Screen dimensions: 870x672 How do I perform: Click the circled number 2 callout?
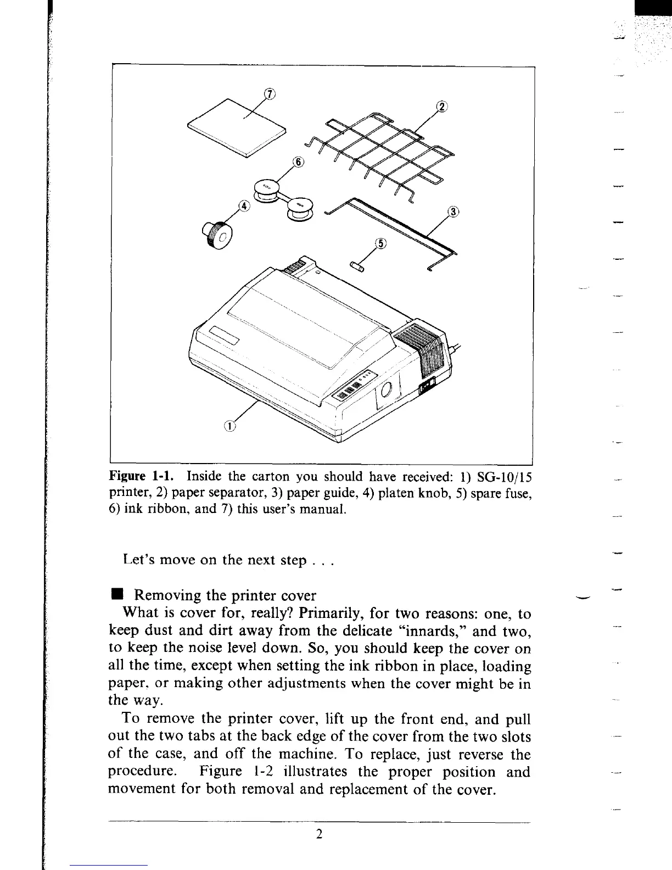(441, 107)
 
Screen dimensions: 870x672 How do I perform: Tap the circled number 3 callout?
(453, 212)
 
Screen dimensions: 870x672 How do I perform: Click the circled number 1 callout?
(230, 425)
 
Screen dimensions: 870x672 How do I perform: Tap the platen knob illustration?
(219, 236)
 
